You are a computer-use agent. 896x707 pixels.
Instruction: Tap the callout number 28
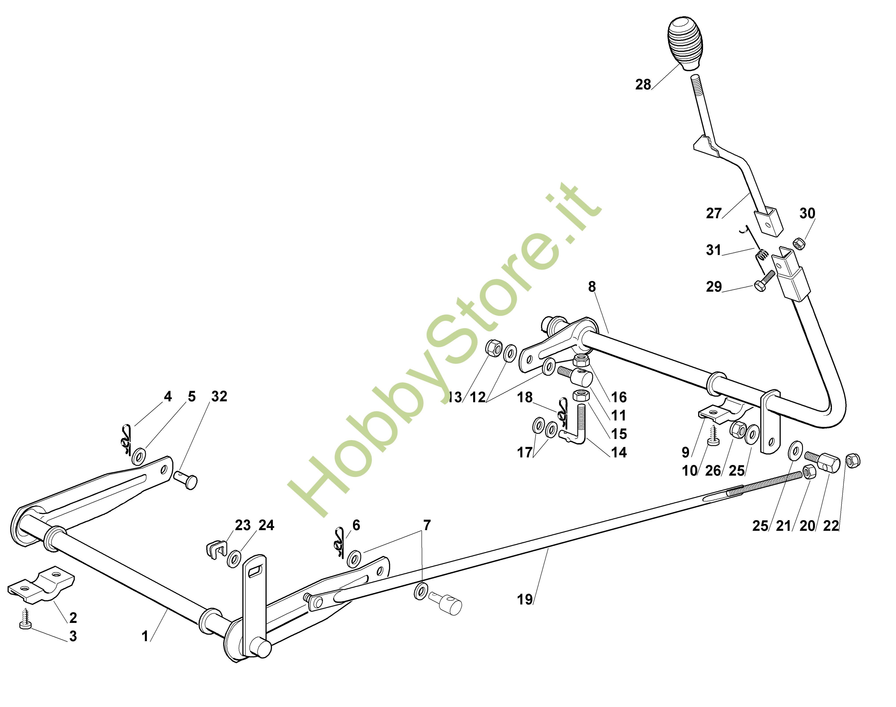pyautogui.click(x=643, y=85)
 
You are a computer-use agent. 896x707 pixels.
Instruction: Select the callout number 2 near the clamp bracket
pyautogui.click(x=73, y=618)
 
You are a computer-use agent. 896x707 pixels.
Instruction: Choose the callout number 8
pyautogui.click(x=592, y=287)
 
